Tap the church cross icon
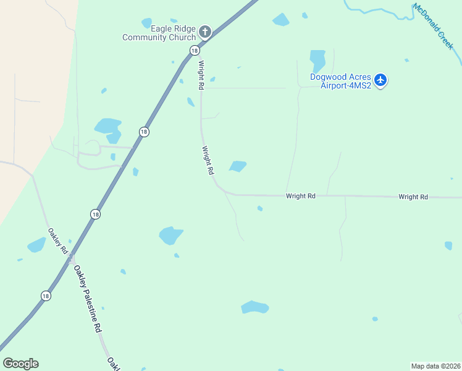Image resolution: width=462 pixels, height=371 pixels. [x=205, y=31]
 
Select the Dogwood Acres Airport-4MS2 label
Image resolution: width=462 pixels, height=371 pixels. [x=345, y=81]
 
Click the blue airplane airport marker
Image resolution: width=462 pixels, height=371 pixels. [x=380, y=80]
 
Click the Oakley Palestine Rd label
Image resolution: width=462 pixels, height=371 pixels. [x=87, y=299]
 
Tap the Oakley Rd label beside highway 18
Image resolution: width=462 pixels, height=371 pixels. [x=57, y=241]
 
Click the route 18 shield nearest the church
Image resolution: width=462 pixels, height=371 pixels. [x=195, y=50]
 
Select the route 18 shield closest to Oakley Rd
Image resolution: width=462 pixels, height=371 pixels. [x=94, y=214]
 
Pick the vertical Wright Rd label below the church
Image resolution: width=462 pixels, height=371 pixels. [x=201, y=75]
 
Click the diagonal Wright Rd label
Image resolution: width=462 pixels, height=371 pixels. [x=208, y=160]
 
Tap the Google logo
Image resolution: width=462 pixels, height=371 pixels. [x=20, y=364]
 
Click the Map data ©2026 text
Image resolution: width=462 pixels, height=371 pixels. [x=435, y=365]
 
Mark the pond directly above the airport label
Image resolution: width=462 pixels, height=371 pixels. [x=317, y=60]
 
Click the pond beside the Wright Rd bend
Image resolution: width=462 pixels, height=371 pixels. [x=238, y=166]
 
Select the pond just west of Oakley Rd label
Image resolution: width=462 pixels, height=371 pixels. [x=36, y=245]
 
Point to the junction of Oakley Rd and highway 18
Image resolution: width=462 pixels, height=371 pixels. [x=72, y=257]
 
